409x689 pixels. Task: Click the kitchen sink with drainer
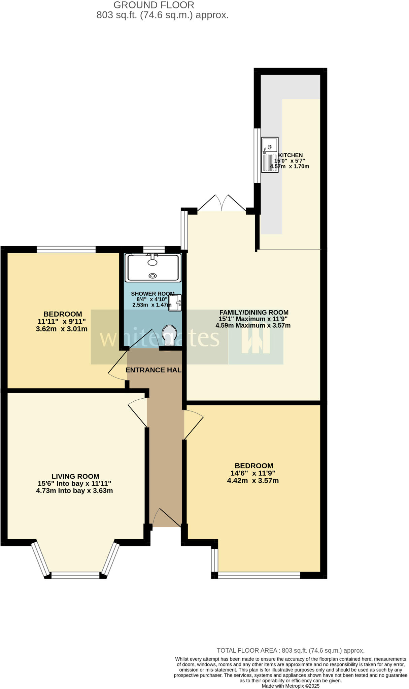(270, 155)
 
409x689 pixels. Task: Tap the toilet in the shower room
(169, 334)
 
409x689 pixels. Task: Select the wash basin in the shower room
(175, 303)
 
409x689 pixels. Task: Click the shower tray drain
(153, 276)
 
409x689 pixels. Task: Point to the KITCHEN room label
(290, 155)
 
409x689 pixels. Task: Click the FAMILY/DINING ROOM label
(254, 312)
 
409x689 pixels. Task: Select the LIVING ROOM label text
(75, 476)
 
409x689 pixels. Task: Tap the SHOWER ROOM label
(153, 294)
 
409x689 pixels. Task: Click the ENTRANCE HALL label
(154, 370)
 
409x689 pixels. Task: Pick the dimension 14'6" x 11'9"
(253, 473)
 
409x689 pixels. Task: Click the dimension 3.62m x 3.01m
(62, 329)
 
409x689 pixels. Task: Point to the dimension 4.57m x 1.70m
(289, 166)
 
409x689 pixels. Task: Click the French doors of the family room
(222, 203)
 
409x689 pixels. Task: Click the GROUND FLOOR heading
(154, 5)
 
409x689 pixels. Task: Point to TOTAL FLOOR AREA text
(291, 651)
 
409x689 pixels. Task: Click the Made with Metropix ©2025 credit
(291, 686)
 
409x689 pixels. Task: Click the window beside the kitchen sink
(257, 155)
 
